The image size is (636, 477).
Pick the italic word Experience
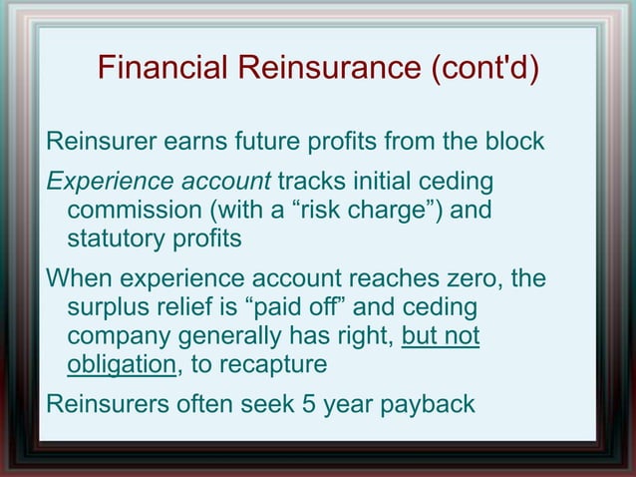105,184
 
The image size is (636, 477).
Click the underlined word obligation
121,363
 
